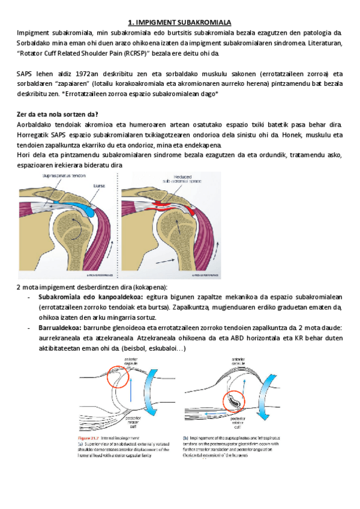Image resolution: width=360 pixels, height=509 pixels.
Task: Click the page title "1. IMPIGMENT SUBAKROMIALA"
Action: (180, 21)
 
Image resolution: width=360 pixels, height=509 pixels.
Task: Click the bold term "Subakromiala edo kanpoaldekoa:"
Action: (90, 297)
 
